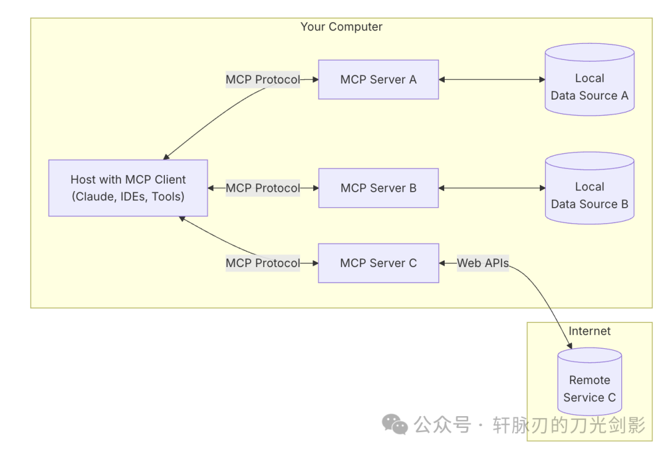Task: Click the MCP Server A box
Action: tap(378, 80)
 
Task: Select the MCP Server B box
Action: tap(378, 188)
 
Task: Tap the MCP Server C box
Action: tap(378, 263)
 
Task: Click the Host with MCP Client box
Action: tap(128, 188)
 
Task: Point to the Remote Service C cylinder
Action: tap(589, 383)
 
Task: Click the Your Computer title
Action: tap(341, 27)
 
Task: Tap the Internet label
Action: tap(589, 331)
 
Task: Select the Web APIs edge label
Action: tap(482, 263)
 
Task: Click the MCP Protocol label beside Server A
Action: tap(262, 80)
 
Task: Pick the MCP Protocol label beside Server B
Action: tap(262, 188)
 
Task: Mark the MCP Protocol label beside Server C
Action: tap(262, 263)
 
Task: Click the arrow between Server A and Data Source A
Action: tap(492, 80)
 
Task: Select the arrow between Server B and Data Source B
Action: tap(492, 188)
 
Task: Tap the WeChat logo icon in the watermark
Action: tap(395, 424)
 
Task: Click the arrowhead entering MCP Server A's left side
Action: tap(314, 80)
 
